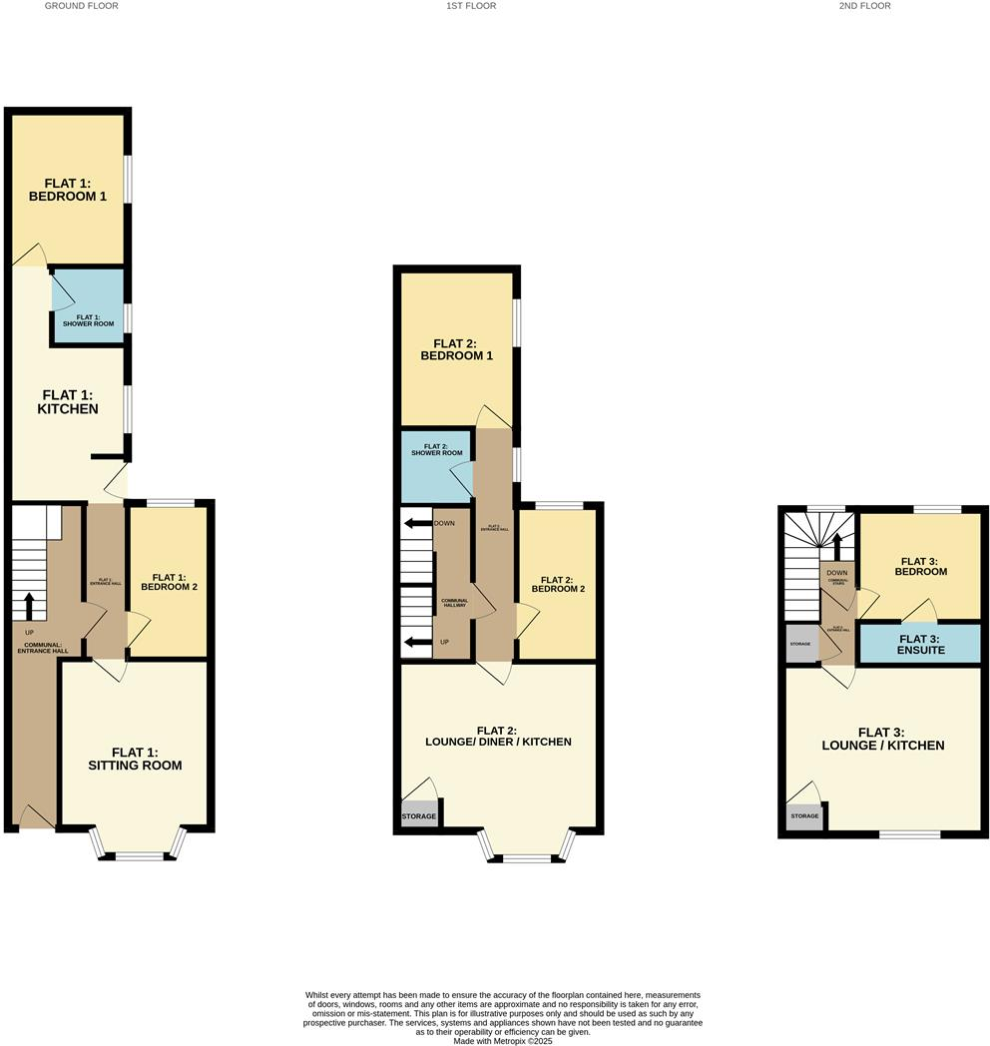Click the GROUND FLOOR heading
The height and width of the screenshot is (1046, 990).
pyautogui.click(x=82, y=6)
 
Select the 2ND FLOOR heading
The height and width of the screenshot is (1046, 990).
pyautogui.click(x=865, y=6)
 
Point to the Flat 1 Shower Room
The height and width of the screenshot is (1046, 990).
pyautogui.click(x=89, y=319)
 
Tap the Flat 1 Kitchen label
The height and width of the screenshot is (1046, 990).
pyautogui.click(x=68, y=401)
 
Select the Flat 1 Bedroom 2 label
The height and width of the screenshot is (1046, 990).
pyautogui.click(x=175, y=582)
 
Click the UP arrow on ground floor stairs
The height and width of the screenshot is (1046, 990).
pyautogui.click(x=29, y=605)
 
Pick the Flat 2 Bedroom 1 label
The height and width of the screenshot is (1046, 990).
pyautogui.click(x=456, y=348)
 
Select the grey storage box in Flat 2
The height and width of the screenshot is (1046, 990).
pyautogui.click(x=419, y=815)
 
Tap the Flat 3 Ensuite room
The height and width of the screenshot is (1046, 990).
pyautogui.click(x=920, y=644)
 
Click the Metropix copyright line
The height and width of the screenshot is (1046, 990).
pyautogui.click(x=503, y=1040)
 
